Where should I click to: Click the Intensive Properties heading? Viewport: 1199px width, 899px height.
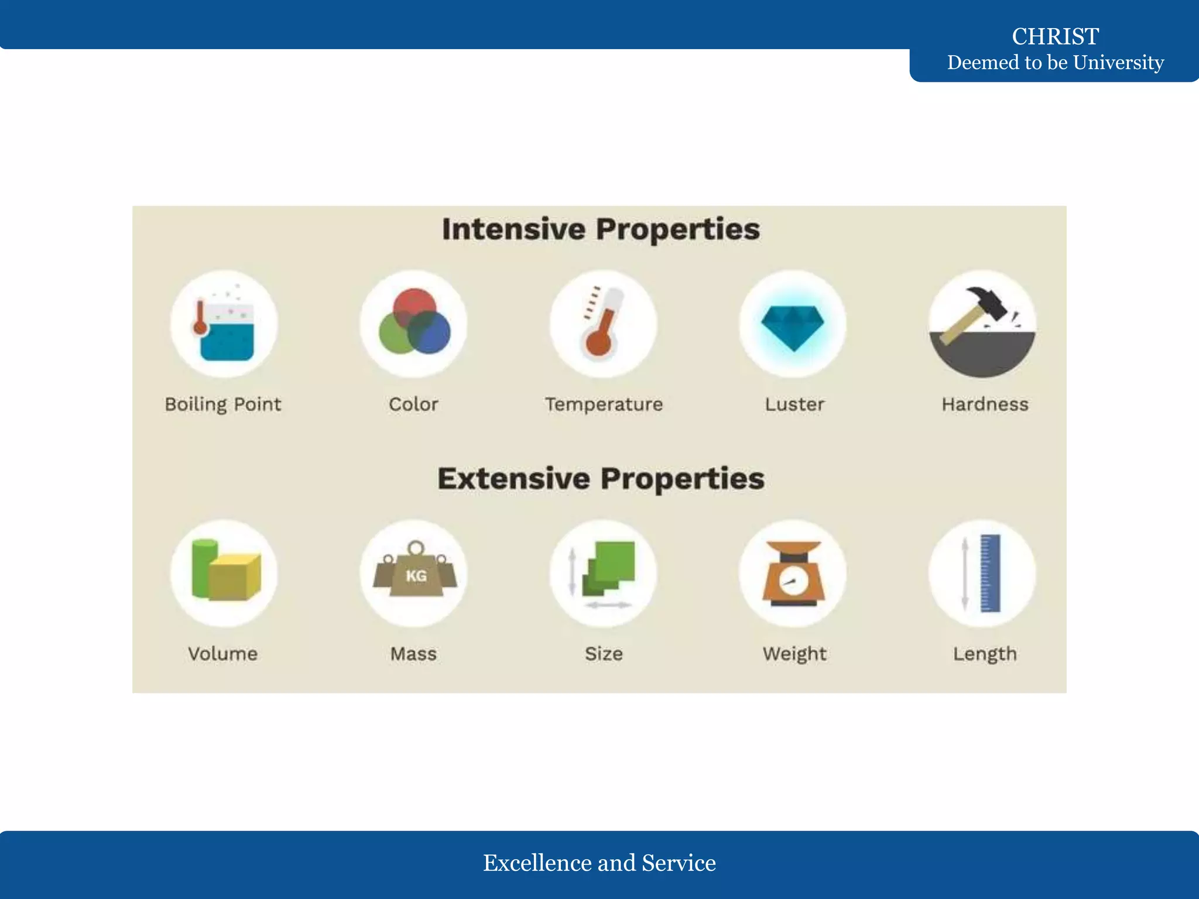click(x=601, y=229)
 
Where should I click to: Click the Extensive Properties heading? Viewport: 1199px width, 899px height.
click(x=601, y=479)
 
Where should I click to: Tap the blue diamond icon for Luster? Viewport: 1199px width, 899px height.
click(x=793, y=327)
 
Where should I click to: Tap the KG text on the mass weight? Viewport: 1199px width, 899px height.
click(x=416, y=576)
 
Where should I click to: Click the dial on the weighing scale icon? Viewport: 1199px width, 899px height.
click(x=793, y=582)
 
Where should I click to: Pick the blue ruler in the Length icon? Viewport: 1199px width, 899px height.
click(x=990, y=573)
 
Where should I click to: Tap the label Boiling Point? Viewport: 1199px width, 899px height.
click(x=223, y=404)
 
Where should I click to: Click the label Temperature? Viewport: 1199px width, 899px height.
click(x=604, y=404)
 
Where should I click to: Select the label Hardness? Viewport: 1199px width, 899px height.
click(x=985, y=404)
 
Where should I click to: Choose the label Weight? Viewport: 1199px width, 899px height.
click(x=794, y=654)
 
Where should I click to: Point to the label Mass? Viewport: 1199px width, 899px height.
click(x=413, y=654)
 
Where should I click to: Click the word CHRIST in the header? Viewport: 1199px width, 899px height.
click(x=1055, y=36)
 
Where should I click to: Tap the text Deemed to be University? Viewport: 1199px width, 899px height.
click(x=1055, y=62)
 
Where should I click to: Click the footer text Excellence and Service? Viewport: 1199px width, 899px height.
click(x=599, y=863)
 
